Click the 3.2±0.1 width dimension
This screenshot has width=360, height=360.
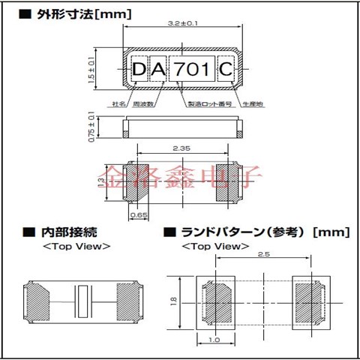[x=183, y=24]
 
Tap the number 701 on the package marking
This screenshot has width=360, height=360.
[x=193, y=70]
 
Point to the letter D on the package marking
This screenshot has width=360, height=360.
[x=140, y=70]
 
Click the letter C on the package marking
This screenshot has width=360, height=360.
[x=226, y=70]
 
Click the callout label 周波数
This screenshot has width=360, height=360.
[x=143, y=105]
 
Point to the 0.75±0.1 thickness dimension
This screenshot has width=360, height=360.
[x=92, y=127]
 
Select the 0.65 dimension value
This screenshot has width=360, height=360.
[x=139, y=214]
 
